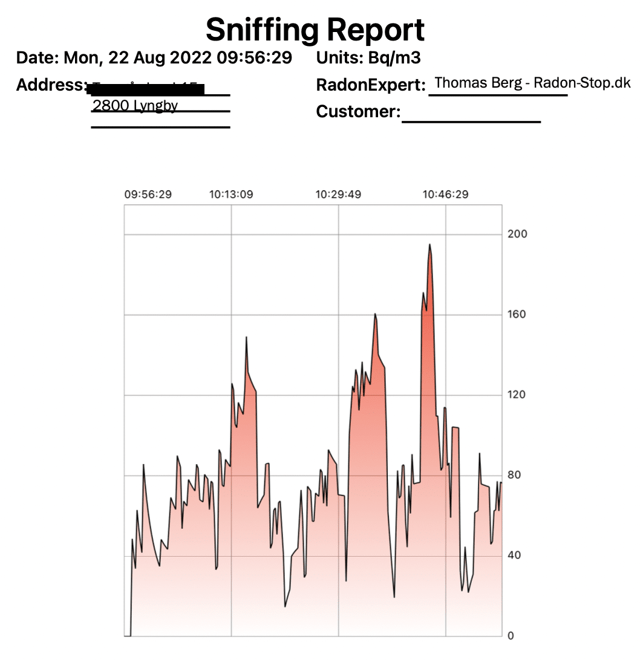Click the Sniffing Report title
(x=315, y=28)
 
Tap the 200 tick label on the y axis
(x=518, y=234)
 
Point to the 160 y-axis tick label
(x=518, y=314)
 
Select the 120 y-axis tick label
(x=518, y=395)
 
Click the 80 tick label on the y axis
(x=515, y=475)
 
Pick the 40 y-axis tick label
(x=515, y=555)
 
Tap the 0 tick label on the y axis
(x=511, y=636)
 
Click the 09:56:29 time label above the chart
(x=148, y=195)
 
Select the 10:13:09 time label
(x=231, y=195)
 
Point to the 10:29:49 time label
(x=338, y=195)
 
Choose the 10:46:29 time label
(x=445, y=195)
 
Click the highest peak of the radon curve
(x=429, y=245)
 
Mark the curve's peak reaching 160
(x=375, y=314)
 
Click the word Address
(x=49, y=85)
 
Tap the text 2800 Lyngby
(x=135, y=106)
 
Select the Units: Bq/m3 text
(x=368, y=58)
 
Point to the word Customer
(x=356, y=112)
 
